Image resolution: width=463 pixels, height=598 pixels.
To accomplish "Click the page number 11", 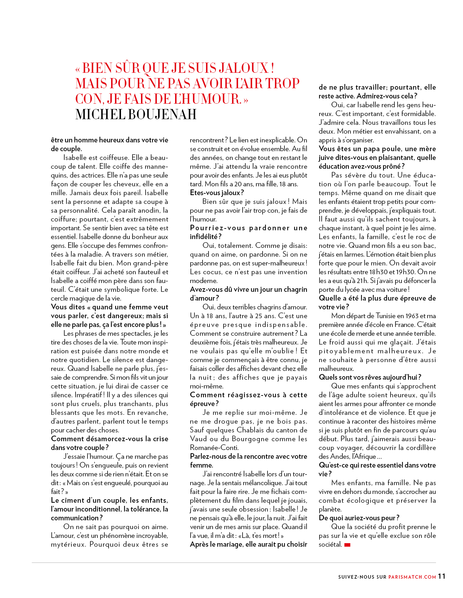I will point(442,576).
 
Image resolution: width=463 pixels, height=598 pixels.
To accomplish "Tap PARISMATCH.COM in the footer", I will point(412,577).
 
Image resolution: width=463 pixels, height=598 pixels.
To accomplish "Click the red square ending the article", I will point(347,545).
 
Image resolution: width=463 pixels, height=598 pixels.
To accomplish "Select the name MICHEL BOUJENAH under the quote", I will point(136,115).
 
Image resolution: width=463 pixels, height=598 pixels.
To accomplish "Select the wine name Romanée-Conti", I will point(214,448).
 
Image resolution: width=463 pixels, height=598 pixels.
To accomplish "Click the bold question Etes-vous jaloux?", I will point(217,193).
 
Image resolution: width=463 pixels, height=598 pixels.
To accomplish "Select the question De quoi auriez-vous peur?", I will point(359,518).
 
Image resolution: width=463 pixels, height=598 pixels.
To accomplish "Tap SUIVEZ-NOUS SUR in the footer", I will point(362,577).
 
